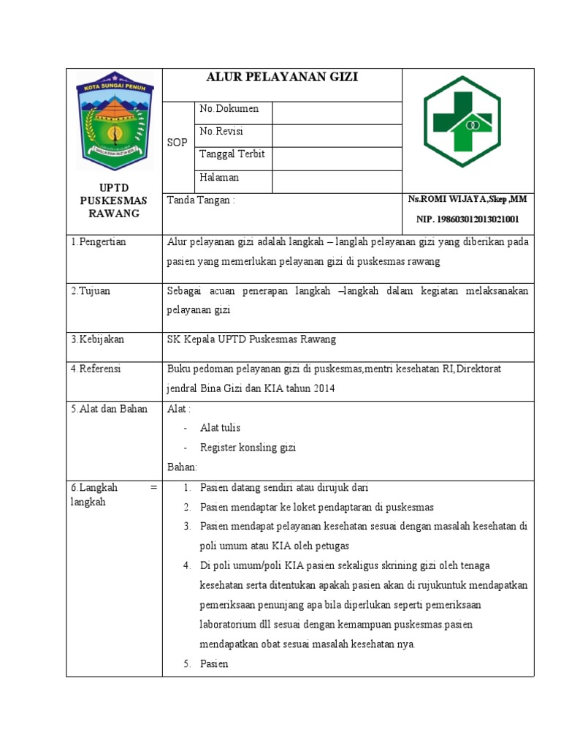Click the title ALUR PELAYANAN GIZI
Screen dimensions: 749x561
click(282, 78)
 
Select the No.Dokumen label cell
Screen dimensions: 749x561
click(229, 109)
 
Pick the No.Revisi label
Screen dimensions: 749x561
click(221, 132)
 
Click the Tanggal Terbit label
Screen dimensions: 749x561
click(232, 154)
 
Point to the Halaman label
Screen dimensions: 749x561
click(219, 178)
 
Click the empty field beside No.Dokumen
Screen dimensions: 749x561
click(337, 113)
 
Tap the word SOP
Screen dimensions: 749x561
click(178, 143)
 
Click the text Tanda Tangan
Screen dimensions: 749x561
click(202, 200)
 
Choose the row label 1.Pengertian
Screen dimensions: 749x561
click(99, 242)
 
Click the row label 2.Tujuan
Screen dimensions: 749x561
click(91, 291)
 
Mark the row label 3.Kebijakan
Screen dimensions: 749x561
click(97, 339)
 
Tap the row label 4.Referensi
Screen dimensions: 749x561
click(96, 369)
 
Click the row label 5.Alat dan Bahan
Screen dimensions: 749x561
click(109, 409)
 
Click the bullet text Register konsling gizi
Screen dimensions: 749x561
click(248, 448)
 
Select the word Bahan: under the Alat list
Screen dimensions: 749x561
click(182, 467)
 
